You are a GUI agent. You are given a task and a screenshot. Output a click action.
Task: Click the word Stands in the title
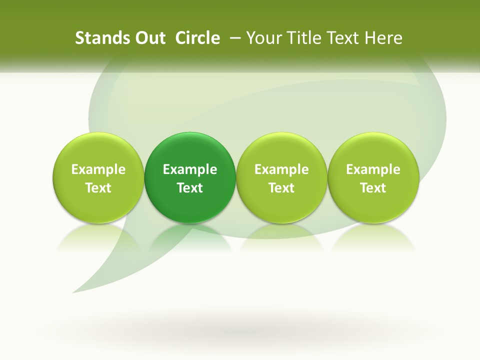point(96,38)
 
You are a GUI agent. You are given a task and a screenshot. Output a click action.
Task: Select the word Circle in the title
point(197,38)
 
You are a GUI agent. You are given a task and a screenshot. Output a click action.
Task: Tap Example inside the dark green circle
point(190,169)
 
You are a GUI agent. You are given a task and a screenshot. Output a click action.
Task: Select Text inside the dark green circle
point(190,188)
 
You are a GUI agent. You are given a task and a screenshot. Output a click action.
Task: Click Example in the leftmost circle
point(98,169)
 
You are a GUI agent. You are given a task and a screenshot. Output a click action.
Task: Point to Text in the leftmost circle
point(98,188)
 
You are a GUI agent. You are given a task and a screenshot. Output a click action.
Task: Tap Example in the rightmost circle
point(373,169)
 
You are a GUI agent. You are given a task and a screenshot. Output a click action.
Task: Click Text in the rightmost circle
point(373,188)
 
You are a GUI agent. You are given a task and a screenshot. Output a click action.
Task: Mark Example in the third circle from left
point(281,169)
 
